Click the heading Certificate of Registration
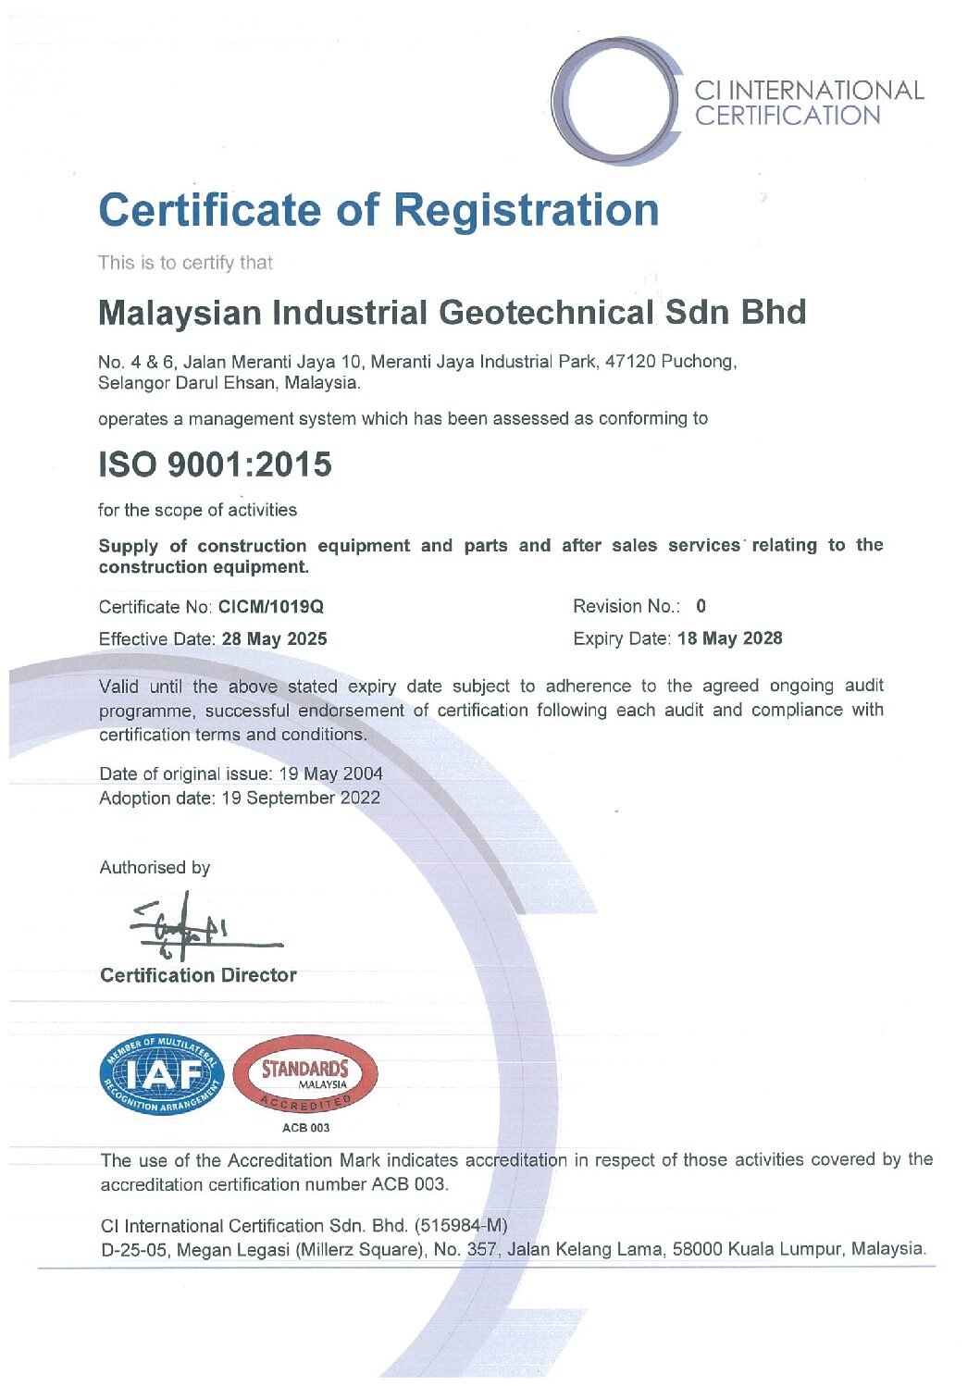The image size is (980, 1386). coord(378,210)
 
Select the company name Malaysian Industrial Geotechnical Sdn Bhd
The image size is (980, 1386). coord(452,313)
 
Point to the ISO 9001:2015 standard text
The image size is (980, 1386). coord(215,464)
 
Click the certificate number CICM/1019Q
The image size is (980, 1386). coord(271,607)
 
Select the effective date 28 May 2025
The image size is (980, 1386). coord(274,638)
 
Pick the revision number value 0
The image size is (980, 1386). coord(701,606)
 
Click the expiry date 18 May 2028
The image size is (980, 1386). coord(729,638)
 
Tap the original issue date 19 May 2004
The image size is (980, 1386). coord(330,773)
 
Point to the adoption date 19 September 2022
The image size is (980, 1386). coord(301,798)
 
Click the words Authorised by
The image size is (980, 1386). coord(155,867)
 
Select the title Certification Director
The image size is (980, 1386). coord(198,975)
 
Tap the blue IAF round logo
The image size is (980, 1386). coord(162,1074)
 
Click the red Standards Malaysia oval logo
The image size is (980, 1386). coord(305,1074)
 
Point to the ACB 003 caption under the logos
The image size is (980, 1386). coord(305,1128)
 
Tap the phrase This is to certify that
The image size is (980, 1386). coord(185,263)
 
